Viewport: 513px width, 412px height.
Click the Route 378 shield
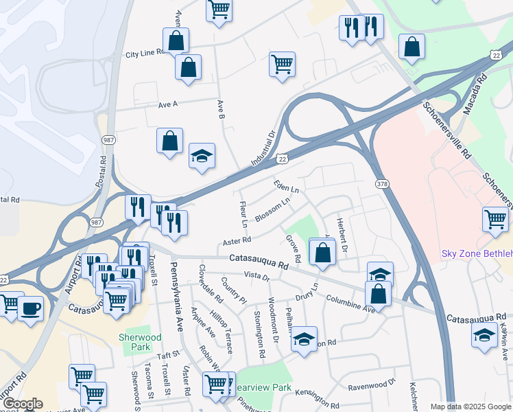point(382,183)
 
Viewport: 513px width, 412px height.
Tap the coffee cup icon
point(29,308)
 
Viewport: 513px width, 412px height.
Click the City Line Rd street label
point(145,53)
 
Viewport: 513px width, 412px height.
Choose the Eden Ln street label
point(286,186)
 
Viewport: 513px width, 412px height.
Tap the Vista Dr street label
point(257,276)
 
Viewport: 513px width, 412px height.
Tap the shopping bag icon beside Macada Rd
point(412,47)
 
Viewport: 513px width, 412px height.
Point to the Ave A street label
point(168,104)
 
